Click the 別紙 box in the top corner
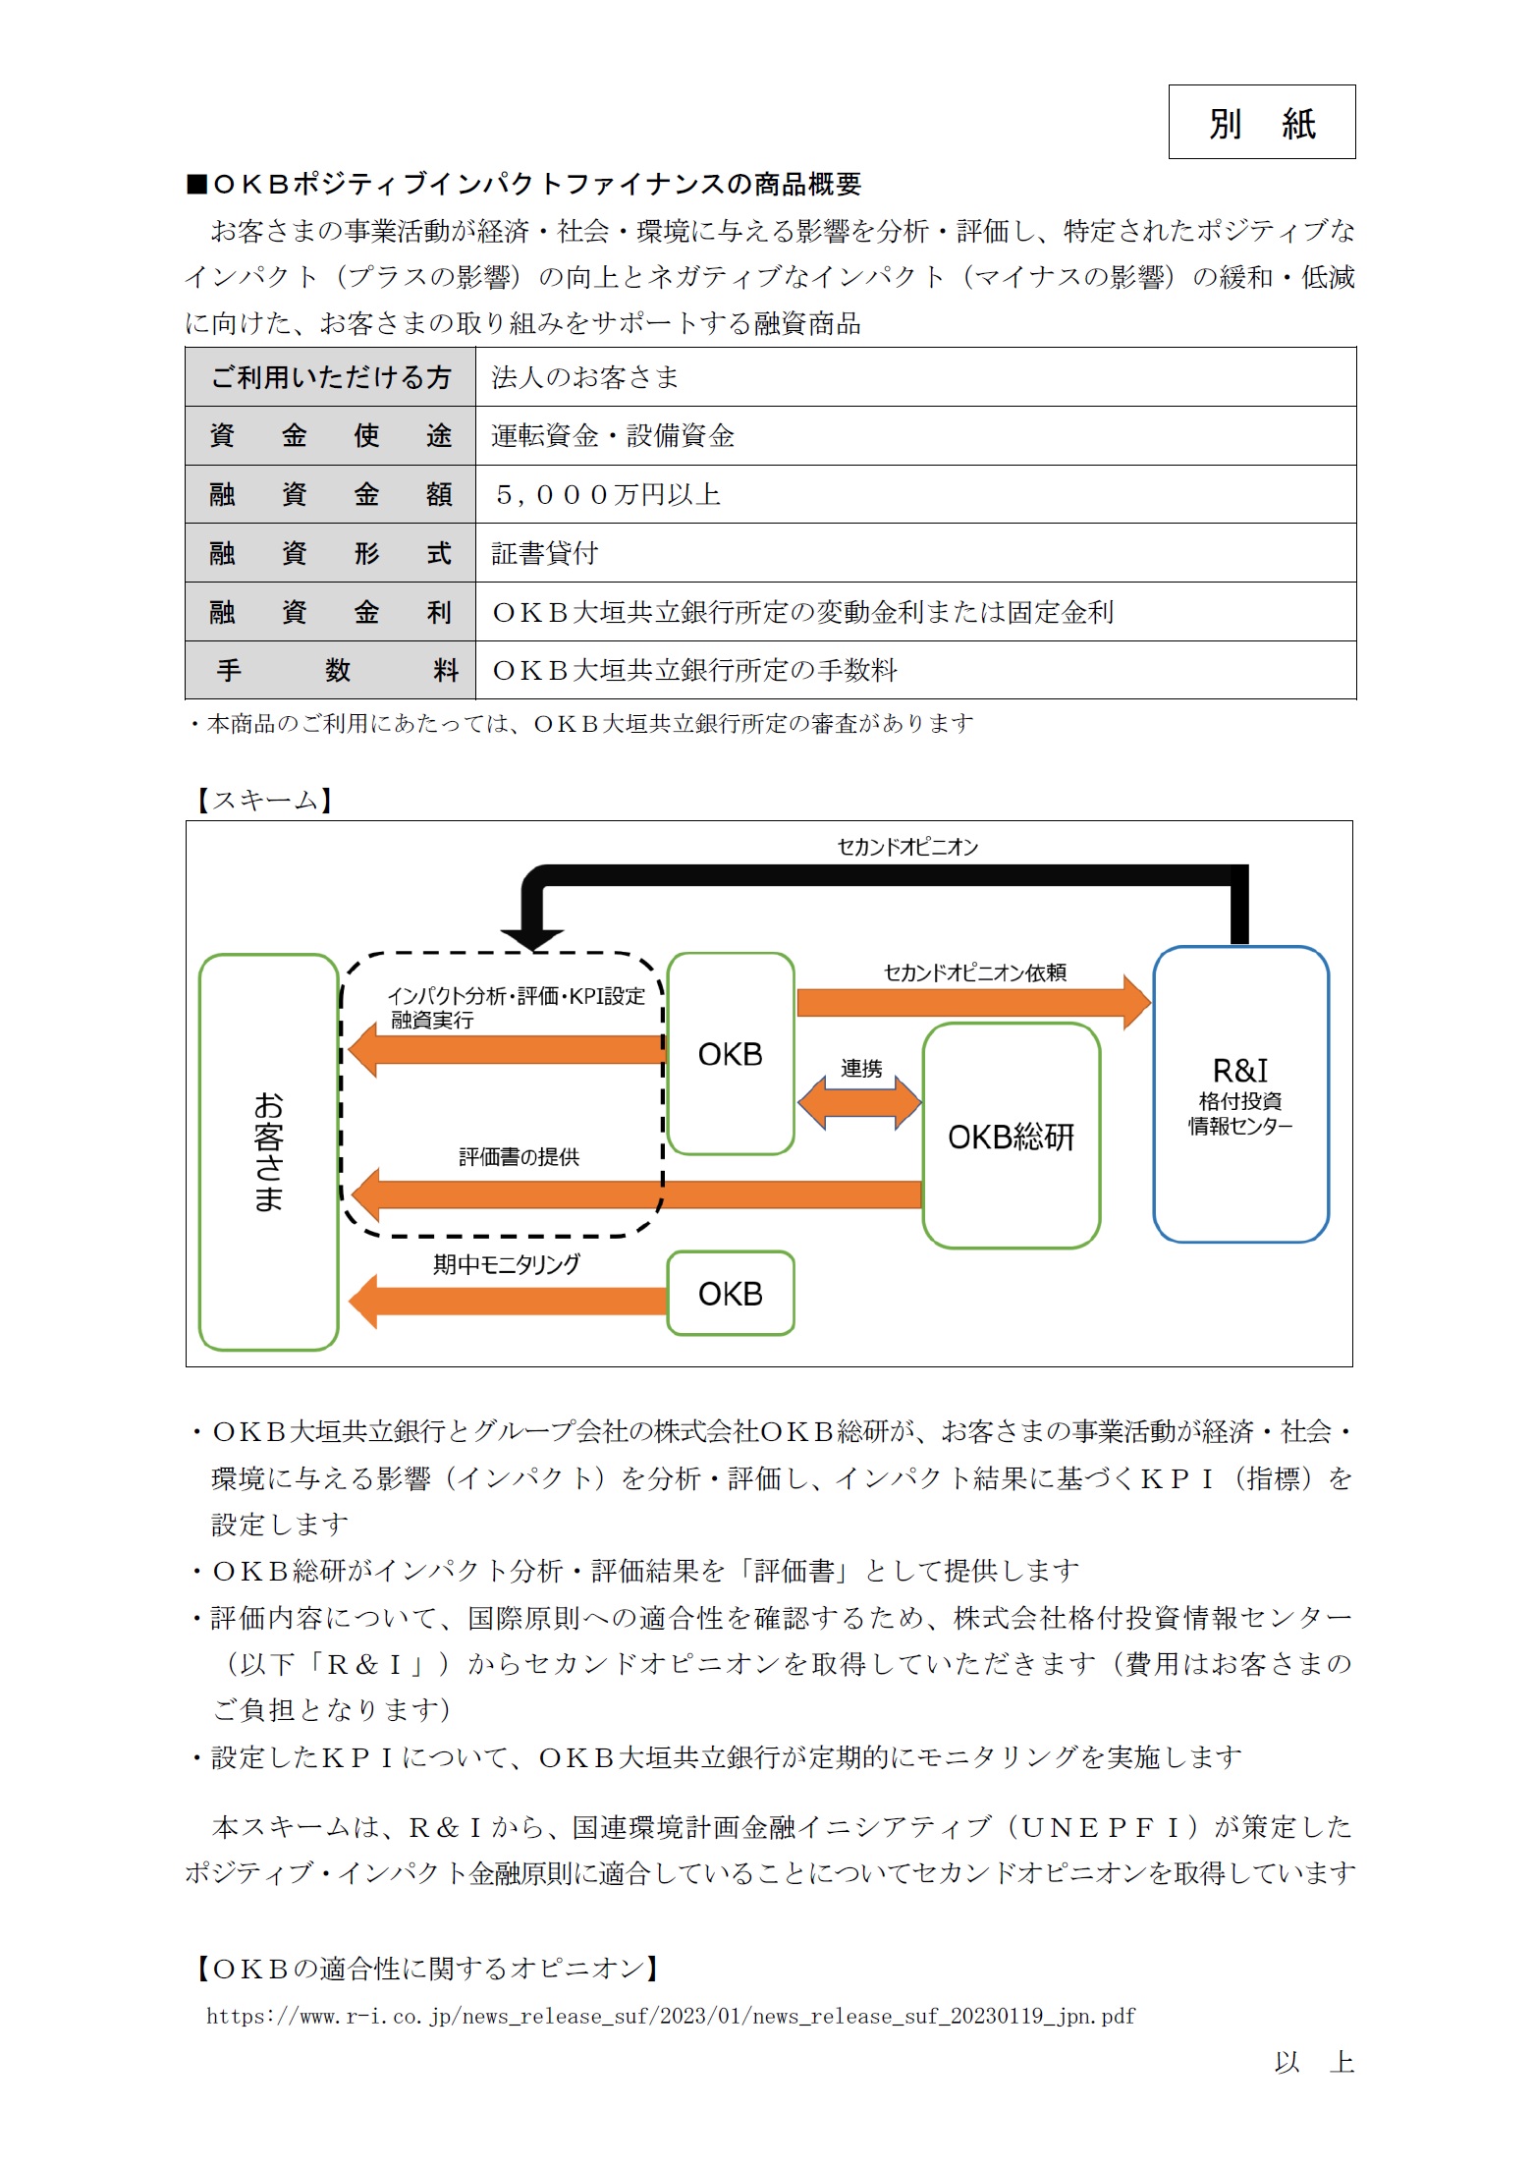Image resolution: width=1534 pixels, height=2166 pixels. tap(1261, 122)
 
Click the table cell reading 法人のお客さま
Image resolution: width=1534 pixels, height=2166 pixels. tap(585, 377)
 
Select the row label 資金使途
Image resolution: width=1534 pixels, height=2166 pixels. tap(330, 435)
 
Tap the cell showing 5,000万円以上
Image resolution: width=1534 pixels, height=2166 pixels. tap(608, 494)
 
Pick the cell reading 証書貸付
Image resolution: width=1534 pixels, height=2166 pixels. tap(544, 553)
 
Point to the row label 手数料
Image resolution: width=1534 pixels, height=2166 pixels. tap(330, 670)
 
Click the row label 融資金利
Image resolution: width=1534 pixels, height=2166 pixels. tap(330, 612)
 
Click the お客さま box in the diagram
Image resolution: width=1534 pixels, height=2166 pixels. tap(268, 1151)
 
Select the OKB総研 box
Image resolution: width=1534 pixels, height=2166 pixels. tap(1011, 1136)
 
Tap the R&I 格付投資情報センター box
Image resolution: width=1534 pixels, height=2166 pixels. tap(1240, 1094)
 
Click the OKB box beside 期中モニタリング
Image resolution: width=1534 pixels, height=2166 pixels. tap(730, 1293)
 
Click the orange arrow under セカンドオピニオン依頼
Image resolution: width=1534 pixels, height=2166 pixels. tap(972, 1002)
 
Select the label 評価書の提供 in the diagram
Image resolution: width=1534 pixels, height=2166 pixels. tap(519, 1157)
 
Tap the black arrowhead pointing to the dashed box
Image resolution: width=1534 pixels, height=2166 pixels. tap(532, 937)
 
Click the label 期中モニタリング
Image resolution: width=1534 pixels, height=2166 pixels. tap(506, 1264)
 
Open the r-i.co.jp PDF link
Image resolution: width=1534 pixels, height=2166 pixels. tap(670, 2016)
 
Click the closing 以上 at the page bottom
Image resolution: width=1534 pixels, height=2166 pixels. tap(1314, 2061)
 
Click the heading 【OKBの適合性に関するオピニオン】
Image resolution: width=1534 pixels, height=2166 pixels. tap(425, 1968)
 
